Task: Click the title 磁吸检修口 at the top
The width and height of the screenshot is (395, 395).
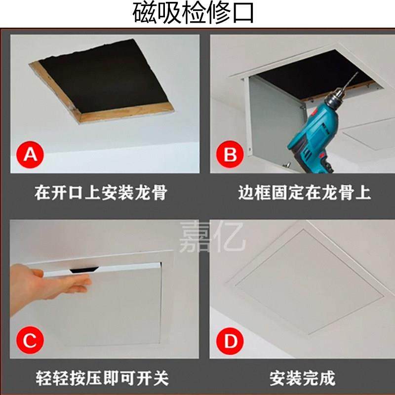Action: click(193, 13)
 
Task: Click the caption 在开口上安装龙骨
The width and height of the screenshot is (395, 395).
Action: click(100, 193)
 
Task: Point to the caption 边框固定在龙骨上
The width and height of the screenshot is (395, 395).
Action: click(304, 193)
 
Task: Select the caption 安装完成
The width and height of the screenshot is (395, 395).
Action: click(302, 378)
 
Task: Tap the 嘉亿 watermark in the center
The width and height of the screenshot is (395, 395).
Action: click(212, 237)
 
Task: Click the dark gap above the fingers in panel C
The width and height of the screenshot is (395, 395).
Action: click(85, 269)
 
